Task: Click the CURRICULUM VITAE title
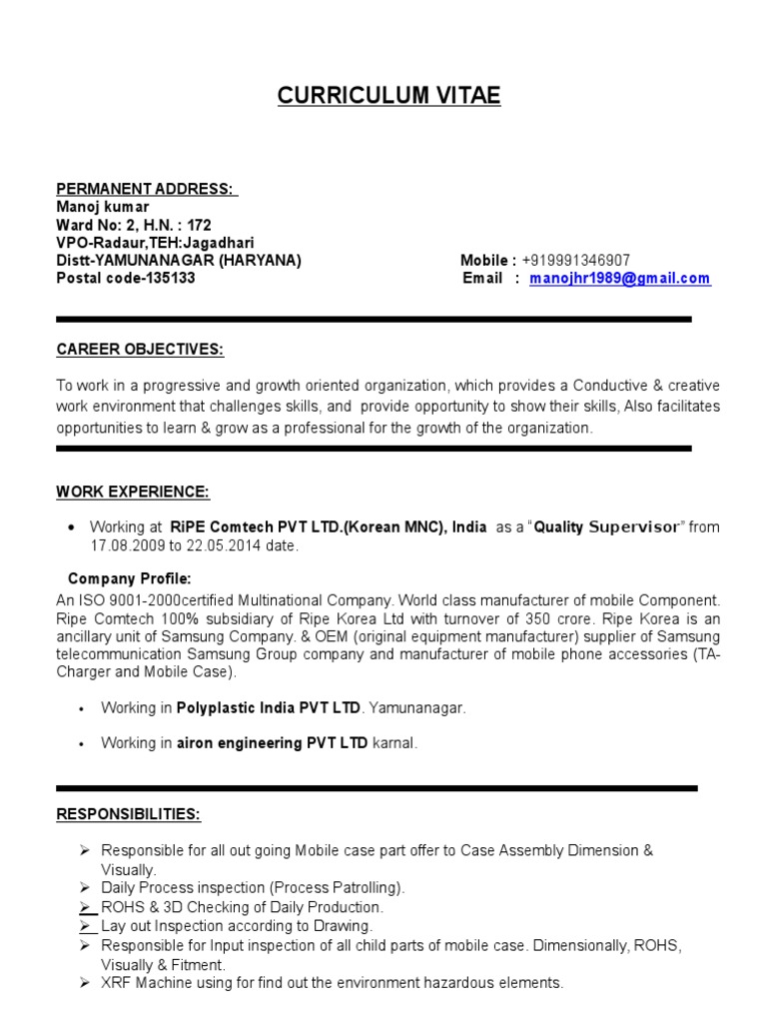[x=388, y=96]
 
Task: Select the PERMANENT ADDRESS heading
[x=145, y=189]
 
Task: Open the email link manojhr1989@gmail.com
[x=619, y=279]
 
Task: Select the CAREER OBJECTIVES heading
[x=140, y=349]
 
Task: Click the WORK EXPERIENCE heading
[x=133, y=492]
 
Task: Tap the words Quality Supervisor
[x=606, y=526]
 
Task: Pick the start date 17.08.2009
[x=125, y=546]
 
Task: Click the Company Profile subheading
[x=130, y=579]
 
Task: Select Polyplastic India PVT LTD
[x=269, y=708]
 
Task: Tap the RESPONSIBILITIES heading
[x=128, y=815]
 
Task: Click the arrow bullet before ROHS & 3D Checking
[x=86, y=907]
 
